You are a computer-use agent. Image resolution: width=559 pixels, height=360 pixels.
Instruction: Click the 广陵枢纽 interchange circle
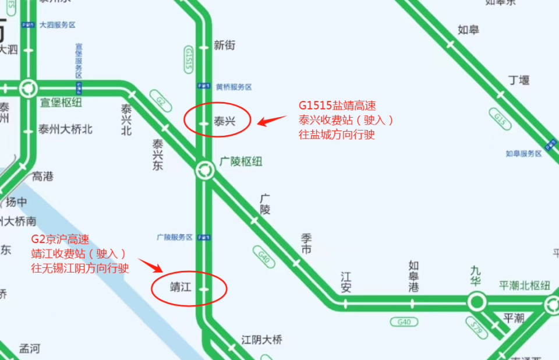click(204, 170)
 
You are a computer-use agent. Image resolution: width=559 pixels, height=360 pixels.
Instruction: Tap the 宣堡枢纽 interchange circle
click(27, 89)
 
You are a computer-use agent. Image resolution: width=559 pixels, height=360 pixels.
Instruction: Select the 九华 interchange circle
click(476, 302)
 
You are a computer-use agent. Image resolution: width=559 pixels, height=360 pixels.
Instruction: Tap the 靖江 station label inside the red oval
click(180, 288)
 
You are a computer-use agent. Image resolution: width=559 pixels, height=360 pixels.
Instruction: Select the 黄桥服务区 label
click(233, 87)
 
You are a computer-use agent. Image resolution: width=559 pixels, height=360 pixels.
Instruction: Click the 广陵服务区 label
click(175, 237)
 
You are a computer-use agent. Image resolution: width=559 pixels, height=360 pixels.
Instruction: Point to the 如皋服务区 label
click(523, 153)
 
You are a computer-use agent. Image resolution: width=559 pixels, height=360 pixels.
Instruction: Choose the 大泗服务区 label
click(57, 25)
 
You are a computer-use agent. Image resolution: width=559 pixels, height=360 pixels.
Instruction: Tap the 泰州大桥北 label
click(65, 129)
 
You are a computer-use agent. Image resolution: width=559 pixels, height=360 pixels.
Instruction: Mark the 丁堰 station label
click(518, 80)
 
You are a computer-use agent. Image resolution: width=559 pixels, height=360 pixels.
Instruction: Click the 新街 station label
click(224, 45)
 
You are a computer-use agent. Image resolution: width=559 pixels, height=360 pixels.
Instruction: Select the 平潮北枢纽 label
click(524, 285)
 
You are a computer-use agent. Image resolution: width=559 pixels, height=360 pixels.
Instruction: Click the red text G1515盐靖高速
click(337, 105)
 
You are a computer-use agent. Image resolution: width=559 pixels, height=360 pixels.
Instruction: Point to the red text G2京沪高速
click(60, 240)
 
